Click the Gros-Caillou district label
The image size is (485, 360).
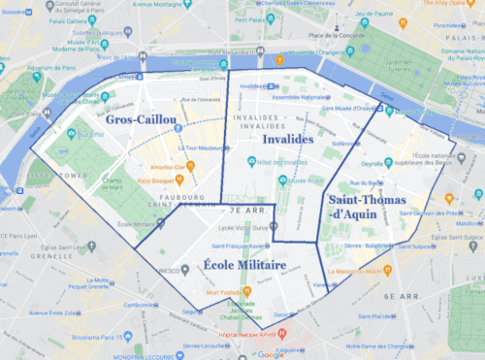click(x=142, y=119)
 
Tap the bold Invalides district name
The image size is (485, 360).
click(x=287, y=139)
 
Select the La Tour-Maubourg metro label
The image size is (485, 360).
click(x=205, y=148)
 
